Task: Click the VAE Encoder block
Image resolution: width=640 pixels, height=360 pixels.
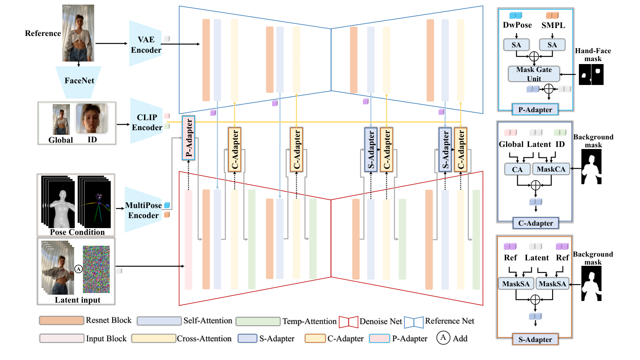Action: [x=145, y=44]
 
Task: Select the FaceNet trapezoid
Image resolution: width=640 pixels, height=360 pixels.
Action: [x=79, y=81]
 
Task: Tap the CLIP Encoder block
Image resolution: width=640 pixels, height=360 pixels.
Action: [x=146, y=122]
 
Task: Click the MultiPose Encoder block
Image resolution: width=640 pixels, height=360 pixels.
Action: [x=143, y=210]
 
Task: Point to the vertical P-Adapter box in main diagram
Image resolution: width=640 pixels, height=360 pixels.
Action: [x=188, y=138]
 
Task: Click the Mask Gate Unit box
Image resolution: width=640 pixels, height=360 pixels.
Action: [x=534, y=74]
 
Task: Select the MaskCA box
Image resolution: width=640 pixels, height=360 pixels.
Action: [x=551, y=169]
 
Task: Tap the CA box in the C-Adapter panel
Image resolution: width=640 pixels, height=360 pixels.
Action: [x=517, y=169]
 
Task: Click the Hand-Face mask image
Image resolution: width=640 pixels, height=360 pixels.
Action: [x=591, y=75]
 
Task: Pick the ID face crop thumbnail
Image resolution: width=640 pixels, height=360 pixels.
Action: [x=92, y=118]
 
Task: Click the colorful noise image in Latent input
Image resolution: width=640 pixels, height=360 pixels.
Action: [x=96, y=269]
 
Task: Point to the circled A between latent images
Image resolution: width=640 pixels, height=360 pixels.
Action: [x=78, y=269]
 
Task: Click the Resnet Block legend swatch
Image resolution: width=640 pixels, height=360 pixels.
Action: [x=62, y=321]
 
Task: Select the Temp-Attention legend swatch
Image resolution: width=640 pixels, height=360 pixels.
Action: [x=258, y=321]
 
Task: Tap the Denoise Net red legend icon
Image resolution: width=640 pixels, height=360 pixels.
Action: [x=348, y=321]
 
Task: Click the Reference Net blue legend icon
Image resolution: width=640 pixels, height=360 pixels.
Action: [x=414, y=321]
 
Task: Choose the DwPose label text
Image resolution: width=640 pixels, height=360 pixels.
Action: [x=517, y=25]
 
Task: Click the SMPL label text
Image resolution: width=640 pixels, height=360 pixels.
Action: [x=553, y=25]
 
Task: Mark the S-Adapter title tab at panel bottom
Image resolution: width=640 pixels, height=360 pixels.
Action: [x=535, y=339]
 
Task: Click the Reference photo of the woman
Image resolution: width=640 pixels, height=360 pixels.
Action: [x=78, y=33]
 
